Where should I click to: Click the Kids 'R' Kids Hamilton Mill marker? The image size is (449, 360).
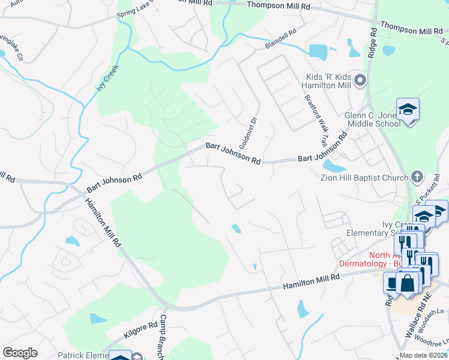pyautogui.click(x=360, y=79)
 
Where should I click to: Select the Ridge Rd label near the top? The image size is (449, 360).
pyautogui.click(x=373, y=43)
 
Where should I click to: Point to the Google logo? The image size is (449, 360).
pyautogui.click(x=20, y=352)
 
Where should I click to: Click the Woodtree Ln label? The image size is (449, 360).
pyautogui.click(x=437, y=340)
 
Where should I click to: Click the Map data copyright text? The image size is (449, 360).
pyautogui.click(x=423, y=355)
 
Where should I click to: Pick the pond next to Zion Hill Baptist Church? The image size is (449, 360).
pyautogui.click(x=331, y=165)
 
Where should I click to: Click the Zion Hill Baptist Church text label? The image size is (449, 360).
pyautogui.click(x=368, y=177)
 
